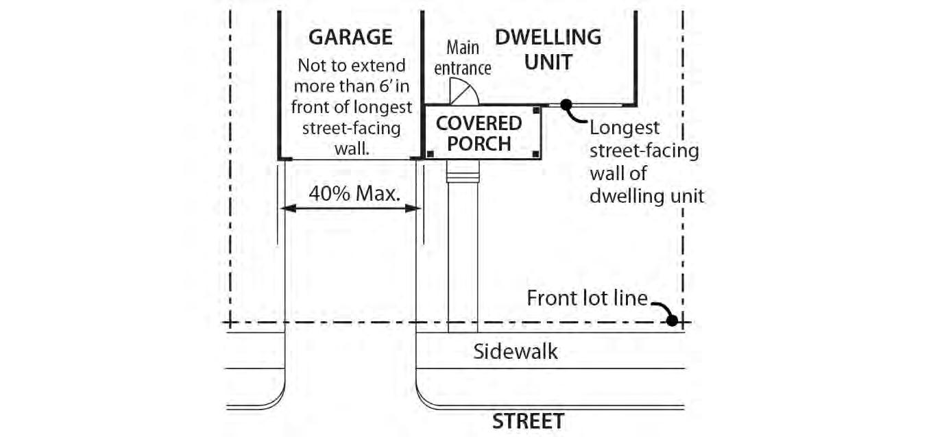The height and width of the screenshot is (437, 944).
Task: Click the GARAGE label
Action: [x=350, y=37]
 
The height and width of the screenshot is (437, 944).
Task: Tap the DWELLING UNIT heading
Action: [x=548, y=48]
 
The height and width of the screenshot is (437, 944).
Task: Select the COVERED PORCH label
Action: [x=479, y=134]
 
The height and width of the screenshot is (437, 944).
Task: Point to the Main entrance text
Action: [x=463, y=58]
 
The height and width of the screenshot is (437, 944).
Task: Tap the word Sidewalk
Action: [x=516, y=351]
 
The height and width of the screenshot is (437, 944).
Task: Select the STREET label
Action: [x=528, y=421]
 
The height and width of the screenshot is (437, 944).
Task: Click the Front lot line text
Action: [x=587, y=299]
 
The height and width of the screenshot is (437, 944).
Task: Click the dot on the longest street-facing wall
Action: [x=566, y=105]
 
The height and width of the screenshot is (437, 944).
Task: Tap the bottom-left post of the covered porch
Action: [x=430, y=153]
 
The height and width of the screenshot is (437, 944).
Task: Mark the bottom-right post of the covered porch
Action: [x=535, y=153]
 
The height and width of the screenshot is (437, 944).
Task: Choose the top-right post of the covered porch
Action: [x=535, y=110]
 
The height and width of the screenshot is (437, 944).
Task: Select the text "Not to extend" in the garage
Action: [x=351, y=66]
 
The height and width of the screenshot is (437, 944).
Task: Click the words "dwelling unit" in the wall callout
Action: [x=646, y=196]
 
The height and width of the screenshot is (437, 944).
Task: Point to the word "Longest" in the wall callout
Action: [x=625, y=128]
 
